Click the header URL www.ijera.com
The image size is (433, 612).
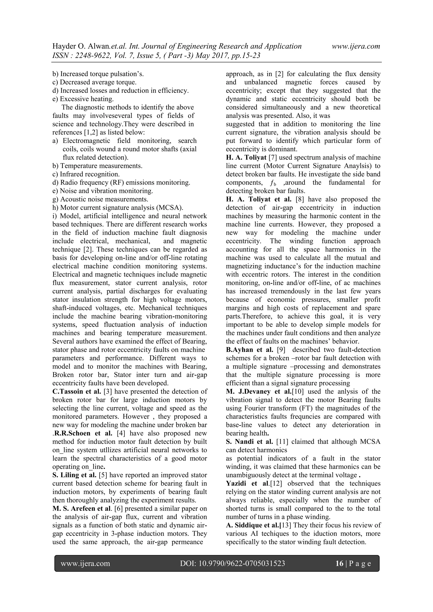[x=356, y=46]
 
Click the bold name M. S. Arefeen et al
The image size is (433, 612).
[x=82, y=508]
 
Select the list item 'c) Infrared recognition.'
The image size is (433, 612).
[x=86, y=174]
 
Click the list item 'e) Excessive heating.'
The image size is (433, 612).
[x=83, y=99]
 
